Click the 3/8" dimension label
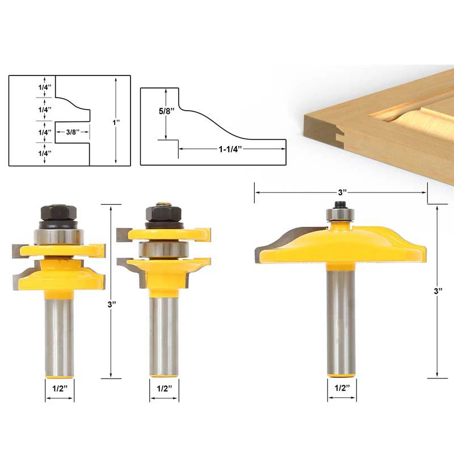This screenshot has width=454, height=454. (73, 132)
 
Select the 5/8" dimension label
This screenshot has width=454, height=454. (166, 111)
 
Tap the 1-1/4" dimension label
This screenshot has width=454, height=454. (230, 149)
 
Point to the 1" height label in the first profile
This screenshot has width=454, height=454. (116, 123)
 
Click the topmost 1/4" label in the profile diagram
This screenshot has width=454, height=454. (45, 87)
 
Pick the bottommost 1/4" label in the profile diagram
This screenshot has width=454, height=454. (45, 153)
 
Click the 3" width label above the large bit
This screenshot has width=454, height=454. (342, 192)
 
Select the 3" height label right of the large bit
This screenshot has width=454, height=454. (438, 291)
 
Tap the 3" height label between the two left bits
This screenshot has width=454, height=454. (112, 304)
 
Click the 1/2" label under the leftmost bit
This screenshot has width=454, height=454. (60, 388)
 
